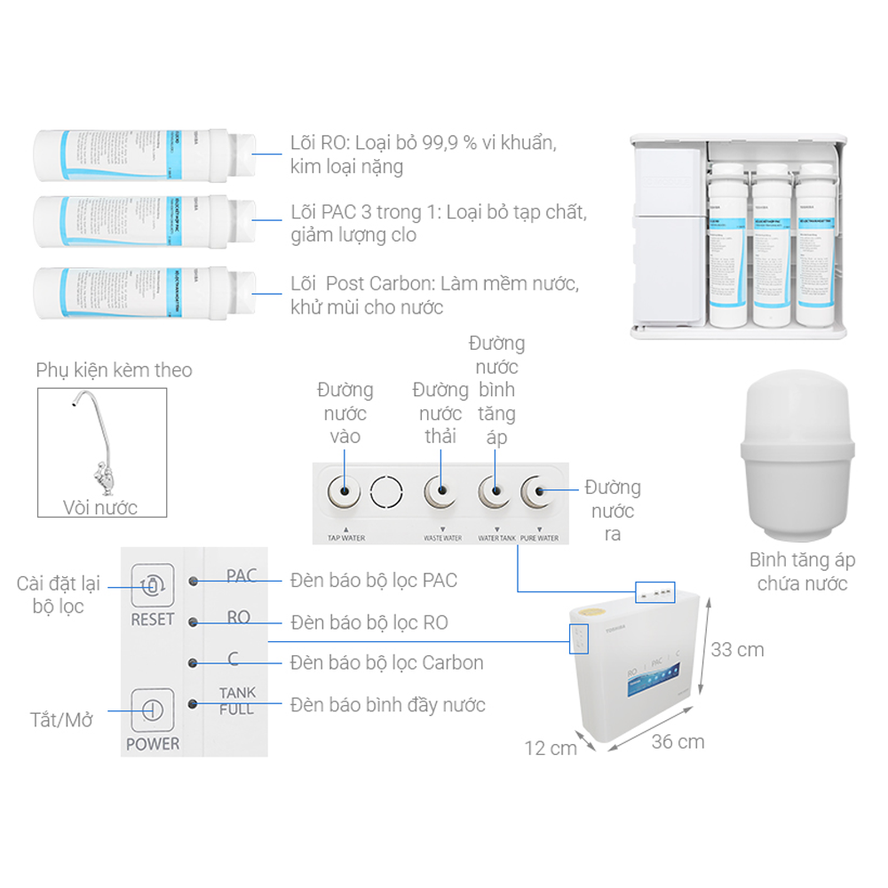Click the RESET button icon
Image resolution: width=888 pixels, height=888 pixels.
(152, 585)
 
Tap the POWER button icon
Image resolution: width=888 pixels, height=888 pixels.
(152, 710)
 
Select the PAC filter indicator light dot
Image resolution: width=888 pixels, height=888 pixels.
(194, 581)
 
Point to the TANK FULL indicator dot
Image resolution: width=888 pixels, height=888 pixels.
(194, 704)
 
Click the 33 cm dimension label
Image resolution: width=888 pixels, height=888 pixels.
(737, 650)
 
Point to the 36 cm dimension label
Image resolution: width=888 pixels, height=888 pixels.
(678, 741)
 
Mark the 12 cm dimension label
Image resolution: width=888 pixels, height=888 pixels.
(550, 748)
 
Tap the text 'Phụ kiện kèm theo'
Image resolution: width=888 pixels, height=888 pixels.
(114, 370)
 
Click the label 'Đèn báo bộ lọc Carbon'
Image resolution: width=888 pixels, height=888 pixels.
(387, 662)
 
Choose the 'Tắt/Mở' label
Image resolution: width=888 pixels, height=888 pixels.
(61, 719)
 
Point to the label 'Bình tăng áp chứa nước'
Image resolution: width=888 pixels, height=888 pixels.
(802, 572)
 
